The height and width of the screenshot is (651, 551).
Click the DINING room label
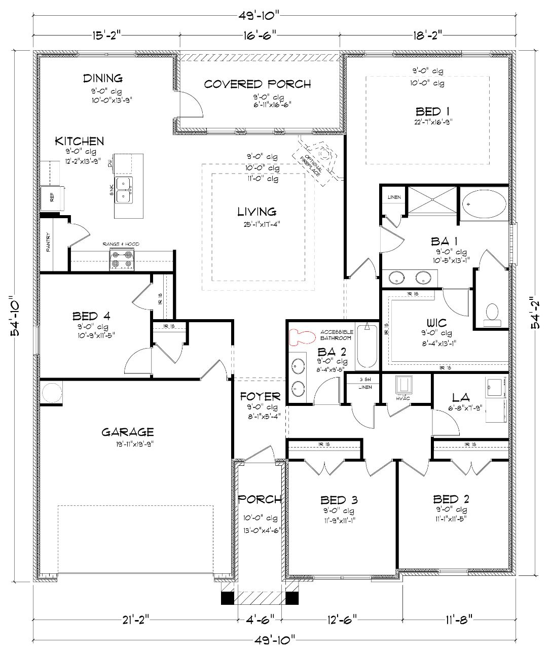click(x=103, y=78)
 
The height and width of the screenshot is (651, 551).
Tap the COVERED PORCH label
click(x=258, y=84)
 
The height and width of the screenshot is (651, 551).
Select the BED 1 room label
click(x=432, y=111)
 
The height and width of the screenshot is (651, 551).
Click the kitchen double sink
click(x=124, y=189)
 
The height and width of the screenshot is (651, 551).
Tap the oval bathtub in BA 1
click(x=485, y=204)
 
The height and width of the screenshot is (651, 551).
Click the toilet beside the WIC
click(x=491, y=315)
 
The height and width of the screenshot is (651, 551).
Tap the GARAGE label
click(x=127, y=432)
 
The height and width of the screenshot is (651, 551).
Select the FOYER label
click(x=260, y=396)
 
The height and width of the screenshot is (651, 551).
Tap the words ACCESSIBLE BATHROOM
click(x=336, y=335)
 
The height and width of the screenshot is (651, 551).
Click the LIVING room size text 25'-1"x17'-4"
click(x=258, y=224)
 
